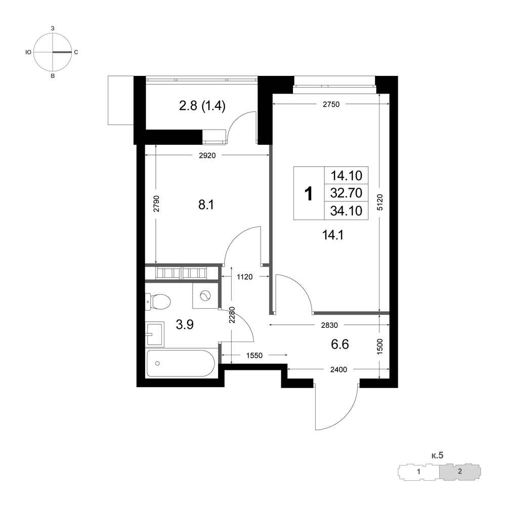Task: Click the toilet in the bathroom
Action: [158, 302]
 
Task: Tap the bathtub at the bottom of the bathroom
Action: [181, 363]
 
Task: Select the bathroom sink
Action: [154, 334]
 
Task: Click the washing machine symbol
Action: [205, 296]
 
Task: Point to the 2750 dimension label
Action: [331, 104]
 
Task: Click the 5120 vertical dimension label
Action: [380, 203]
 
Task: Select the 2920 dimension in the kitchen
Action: [207, 155]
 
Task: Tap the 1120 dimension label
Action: [244, 277]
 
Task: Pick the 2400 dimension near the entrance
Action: [339, 369]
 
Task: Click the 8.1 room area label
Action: [206, 204]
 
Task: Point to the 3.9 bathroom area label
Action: [185, 325]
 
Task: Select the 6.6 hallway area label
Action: [340, 344]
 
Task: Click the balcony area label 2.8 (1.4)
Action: [202, 106]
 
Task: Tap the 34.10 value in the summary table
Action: [346, 210]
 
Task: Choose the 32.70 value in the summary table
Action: [346, 193]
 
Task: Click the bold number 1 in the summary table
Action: [309, 194]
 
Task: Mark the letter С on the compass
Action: [76, 52]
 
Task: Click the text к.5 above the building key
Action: [438, 455]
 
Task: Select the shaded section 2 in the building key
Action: [460, 472]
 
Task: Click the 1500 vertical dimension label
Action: [380, 347]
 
